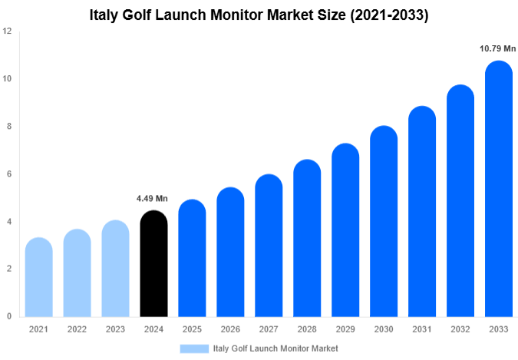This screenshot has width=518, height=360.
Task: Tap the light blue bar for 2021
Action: (38, 277)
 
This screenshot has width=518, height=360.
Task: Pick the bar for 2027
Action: (269, 246)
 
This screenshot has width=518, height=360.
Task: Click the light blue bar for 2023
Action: (115, 269)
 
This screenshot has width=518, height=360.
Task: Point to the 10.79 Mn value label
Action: (498, 49)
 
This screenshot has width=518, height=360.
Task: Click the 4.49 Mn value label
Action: (153, 199)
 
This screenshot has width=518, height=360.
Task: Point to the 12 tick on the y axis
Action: (7, 31)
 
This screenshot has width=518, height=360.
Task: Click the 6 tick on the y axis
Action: (8, 174)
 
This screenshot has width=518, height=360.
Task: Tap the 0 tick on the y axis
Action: (8, 316)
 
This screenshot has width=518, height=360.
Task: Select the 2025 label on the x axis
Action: (192, 329)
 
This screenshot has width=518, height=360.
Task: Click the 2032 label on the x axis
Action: (460, 329)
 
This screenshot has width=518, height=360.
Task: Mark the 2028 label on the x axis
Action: (307, 329)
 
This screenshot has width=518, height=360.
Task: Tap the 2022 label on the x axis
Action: (77, 329)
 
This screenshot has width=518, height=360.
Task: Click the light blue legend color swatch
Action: (194, 348)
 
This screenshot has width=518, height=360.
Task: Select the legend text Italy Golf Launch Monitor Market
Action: (275, 348)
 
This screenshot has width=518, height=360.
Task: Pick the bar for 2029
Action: (345, 230)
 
